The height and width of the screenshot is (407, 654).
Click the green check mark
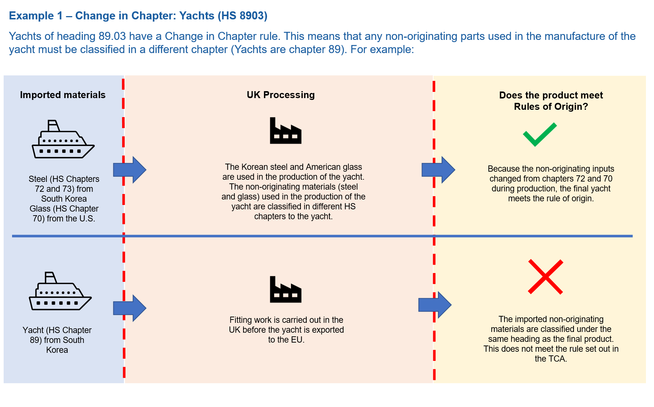pos(539,135)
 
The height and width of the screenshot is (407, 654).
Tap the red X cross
pos(545,277)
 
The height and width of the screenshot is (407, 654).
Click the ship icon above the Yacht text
pos(60,292)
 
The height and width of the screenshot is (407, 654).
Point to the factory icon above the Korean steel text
pos(286,131)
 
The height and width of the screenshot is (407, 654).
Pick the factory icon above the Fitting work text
pos(286,290)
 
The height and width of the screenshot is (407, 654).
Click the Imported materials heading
pos(63,95)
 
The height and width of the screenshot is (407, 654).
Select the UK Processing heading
pos(280,95)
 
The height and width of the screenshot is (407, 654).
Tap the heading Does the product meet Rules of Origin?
pos(551,101)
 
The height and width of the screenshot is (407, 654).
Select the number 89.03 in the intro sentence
pos(112,36)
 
